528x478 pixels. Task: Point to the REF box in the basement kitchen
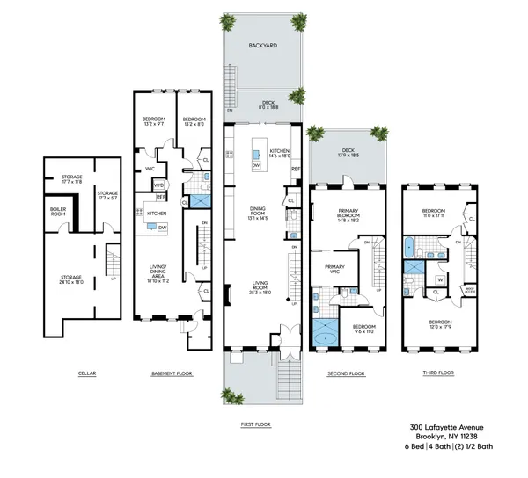click(161, 198)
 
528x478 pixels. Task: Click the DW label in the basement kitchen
click(165, 226)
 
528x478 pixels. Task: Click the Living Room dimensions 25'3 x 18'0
click(259, 292)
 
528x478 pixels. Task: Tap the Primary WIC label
click(334, 269)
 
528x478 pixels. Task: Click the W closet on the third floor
click(440, 282)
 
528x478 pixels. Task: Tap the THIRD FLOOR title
click(436, 373)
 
